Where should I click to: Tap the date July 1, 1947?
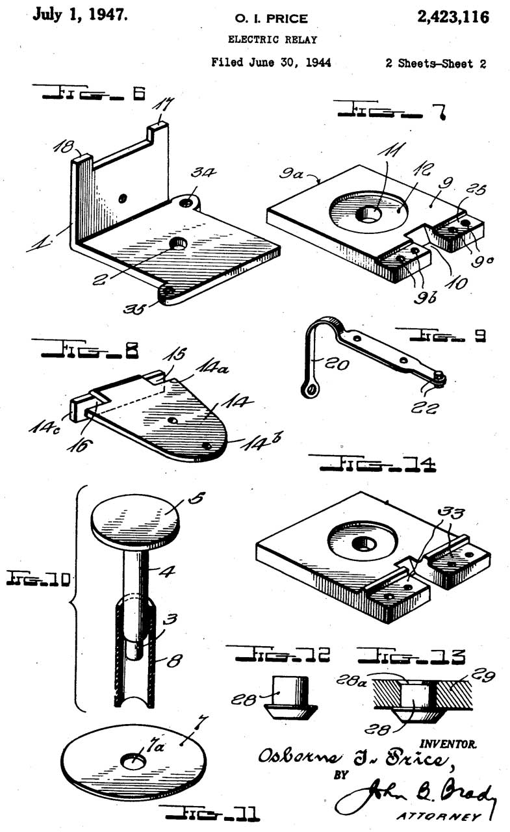79,14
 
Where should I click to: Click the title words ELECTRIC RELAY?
272,40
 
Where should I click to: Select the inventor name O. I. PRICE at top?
272,18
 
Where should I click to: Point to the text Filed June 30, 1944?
272,63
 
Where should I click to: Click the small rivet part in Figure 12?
291,695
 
